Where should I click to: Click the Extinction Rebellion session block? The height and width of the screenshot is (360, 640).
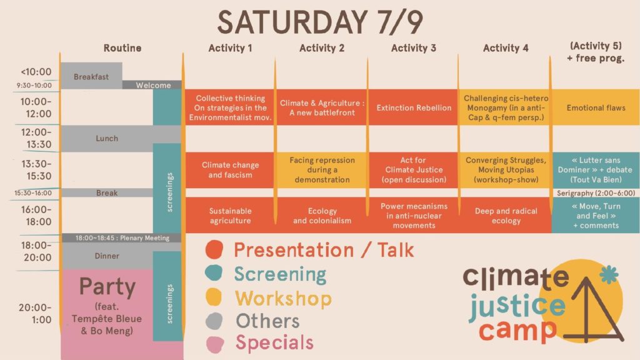coord(414,107)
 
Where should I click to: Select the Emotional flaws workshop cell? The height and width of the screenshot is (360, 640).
coord(596,107)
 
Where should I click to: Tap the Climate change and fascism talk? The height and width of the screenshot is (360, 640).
coord(230,170)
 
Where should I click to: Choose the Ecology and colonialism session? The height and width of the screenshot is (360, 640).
coord(322,216)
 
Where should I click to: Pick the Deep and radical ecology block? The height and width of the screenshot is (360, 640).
coord(505,216)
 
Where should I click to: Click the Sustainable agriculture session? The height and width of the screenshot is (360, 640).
coord(230,216)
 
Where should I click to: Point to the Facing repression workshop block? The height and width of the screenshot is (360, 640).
coord(322,170)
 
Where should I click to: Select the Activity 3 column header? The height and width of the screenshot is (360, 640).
coord(414,48)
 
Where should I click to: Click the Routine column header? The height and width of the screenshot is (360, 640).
coord(122,48)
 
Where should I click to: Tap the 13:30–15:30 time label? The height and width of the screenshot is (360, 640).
coord(36,170)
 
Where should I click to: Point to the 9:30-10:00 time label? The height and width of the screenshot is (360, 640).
coord(34,85)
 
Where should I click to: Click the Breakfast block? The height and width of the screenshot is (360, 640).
coord(91,76)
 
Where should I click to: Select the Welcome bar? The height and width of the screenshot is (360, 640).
coord(152,85)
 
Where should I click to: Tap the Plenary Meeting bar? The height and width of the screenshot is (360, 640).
coord(122,238)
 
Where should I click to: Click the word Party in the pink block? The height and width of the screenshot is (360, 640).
coord(107,286)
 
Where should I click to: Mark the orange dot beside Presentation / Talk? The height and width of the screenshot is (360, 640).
coord(214,249)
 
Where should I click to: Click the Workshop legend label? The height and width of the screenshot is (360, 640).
coord(283,298)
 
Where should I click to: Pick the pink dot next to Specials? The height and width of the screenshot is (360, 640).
coord(215,344)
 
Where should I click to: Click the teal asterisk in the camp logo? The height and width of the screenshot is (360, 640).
coord(609,275)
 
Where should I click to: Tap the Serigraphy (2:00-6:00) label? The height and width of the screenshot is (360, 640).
coord(596,193)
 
